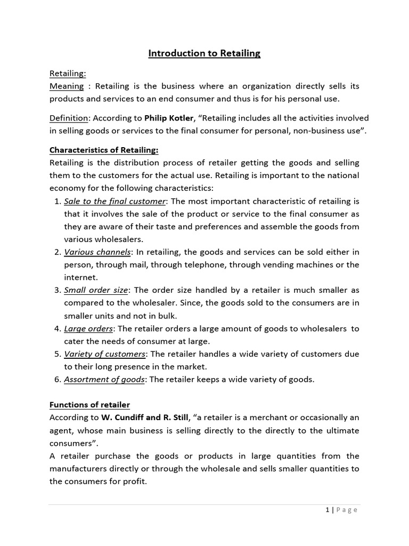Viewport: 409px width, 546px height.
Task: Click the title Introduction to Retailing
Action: point(204,53)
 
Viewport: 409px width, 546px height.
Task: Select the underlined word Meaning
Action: point(67,86)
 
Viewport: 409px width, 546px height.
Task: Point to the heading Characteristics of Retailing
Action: point(104,150)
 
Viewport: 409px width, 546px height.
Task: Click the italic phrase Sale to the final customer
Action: point(115,201)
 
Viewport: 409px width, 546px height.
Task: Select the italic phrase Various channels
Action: point(97,252)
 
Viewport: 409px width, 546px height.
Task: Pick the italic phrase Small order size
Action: point(96,290)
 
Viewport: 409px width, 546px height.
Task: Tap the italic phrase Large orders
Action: point(88,328)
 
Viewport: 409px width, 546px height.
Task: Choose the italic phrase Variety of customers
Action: point(104,354)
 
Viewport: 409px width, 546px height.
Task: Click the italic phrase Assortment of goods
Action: point(104,380)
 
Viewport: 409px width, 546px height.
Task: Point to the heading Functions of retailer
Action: point(89,405)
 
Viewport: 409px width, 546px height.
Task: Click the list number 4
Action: point(57,328)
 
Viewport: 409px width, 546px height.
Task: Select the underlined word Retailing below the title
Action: point(68,74)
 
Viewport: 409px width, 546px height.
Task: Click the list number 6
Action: point(57,380)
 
